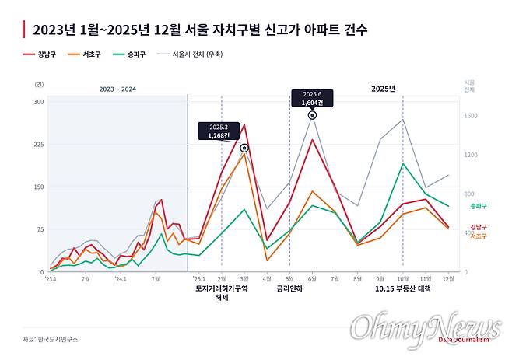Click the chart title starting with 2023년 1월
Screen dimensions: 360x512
pyautogui.click(x=195, y=30)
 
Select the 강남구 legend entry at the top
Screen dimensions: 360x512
pyautogui.click(x=40, y=54)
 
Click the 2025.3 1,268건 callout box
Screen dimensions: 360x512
pyautogui.click(x=219, y=131)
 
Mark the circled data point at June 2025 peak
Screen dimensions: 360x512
pyautogui.click(x=312, y=115)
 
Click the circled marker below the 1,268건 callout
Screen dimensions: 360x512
pyautogui.click(x=244, y=148)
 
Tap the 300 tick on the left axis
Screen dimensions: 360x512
pyautogui.click(x=39, y=102)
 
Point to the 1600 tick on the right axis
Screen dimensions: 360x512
pyautogui.click(x=470, y=116)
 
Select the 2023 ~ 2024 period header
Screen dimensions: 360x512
pyautogui.click(x=117, y=89)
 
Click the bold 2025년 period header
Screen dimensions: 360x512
pyautogui.click(x=382, y=89)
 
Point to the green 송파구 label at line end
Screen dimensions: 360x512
pyautogui.click(x=478, y=206)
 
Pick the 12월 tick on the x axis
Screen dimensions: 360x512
pyautogui.click(x=447, y=278)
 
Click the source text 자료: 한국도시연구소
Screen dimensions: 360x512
pyautogui.click(x=51, y=339)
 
